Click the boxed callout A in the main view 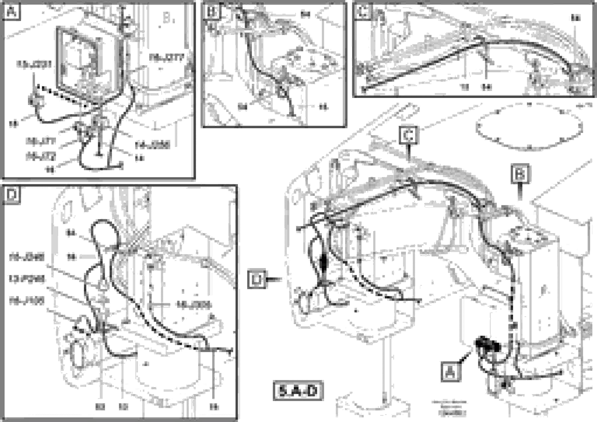(450, 372)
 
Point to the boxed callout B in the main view (520, 174)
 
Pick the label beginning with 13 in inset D (27, 279)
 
